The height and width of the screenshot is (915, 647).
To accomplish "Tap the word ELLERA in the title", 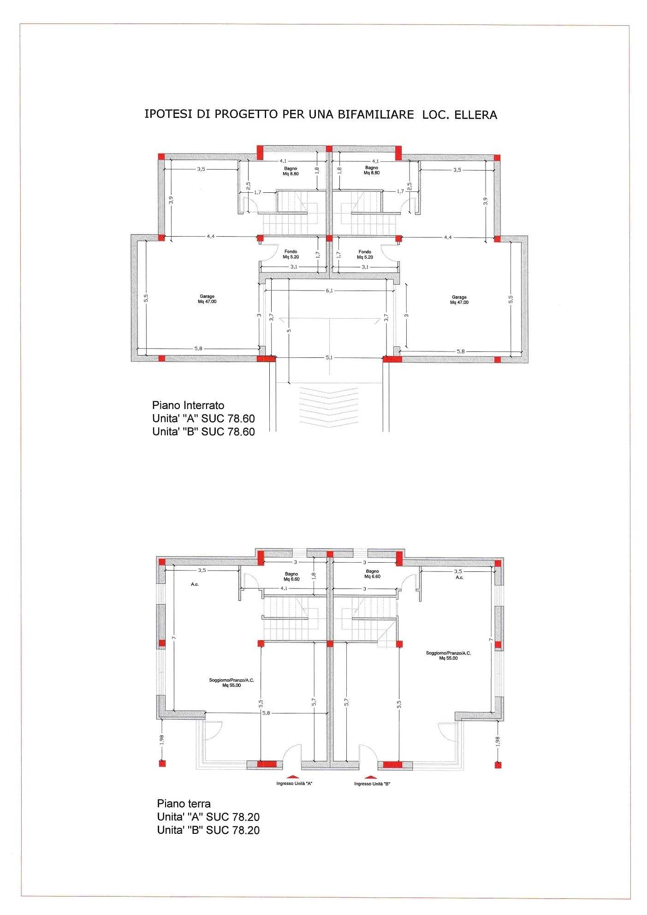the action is click(476, 115).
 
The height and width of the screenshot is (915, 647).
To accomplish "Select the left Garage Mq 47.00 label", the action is click(207, 299).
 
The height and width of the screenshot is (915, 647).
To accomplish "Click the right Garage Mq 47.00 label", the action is click(459, 300).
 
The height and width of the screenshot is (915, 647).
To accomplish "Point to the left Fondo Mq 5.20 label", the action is click(291, 254).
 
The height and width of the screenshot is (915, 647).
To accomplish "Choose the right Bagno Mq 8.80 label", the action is click(372, 170).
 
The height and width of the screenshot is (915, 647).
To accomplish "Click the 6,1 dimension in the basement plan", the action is click(329, 291).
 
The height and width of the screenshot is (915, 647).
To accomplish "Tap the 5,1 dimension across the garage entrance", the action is click(329, 357).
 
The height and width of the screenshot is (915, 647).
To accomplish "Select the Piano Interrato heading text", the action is click(188, 405).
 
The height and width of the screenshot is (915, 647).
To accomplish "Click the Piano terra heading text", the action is click(184, 804).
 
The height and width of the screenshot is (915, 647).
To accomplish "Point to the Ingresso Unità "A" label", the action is click(295, 784).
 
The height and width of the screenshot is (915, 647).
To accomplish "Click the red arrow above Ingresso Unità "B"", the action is click(372, 777).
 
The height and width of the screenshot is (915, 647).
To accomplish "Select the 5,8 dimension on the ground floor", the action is click(266, 713).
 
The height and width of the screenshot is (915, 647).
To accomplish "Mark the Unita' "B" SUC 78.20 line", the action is click(208, 831).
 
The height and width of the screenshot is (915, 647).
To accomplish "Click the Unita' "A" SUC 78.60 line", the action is click(203, 419).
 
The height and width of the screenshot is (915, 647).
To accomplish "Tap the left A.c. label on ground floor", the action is click(195, 584).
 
